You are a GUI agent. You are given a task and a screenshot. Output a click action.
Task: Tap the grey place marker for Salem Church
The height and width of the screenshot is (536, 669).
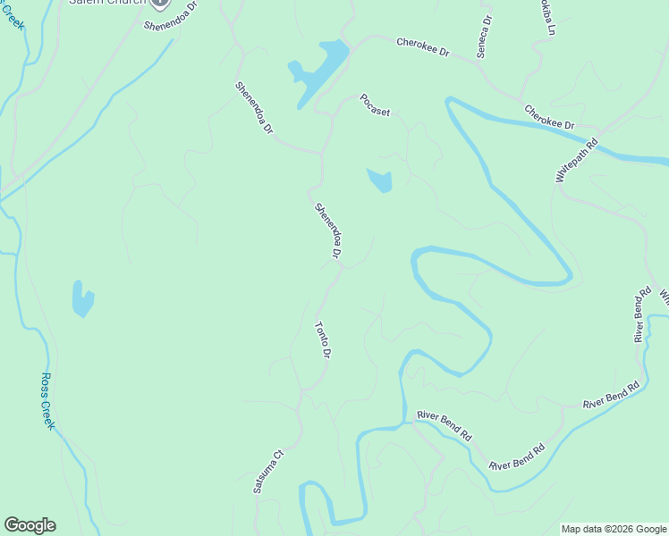coord(159,4)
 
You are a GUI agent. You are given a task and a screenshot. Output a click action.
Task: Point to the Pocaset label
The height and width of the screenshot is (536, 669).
coord(376,105)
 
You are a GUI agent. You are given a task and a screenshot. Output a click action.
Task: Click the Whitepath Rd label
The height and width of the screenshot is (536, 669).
coord(575,161)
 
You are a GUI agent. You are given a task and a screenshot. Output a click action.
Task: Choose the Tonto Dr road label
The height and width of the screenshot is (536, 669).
coord(323,340)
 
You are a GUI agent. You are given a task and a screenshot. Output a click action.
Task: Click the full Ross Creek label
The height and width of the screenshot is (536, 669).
coord(47,400)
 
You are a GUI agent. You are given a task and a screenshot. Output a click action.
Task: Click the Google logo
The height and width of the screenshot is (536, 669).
coord(30,525)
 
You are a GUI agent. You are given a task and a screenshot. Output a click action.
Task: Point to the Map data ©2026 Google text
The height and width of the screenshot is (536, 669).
coord(614,529)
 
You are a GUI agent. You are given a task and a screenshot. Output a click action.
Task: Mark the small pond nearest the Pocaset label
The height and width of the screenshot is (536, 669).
coord(380,180)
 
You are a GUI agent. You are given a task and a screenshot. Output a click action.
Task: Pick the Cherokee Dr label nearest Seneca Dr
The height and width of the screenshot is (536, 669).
coord(423,47)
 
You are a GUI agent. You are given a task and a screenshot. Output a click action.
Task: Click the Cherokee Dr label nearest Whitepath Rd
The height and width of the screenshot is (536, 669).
coord(549,117)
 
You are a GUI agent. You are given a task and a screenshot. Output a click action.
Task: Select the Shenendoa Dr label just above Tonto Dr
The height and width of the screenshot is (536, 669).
coord(328,231)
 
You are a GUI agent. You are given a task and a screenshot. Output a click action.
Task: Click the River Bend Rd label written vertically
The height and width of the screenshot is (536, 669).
coord(641,314)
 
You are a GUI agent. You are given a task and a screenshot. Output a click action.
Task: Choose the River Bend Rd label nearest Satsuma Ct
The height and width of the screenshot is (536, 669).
coord(445,425)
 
